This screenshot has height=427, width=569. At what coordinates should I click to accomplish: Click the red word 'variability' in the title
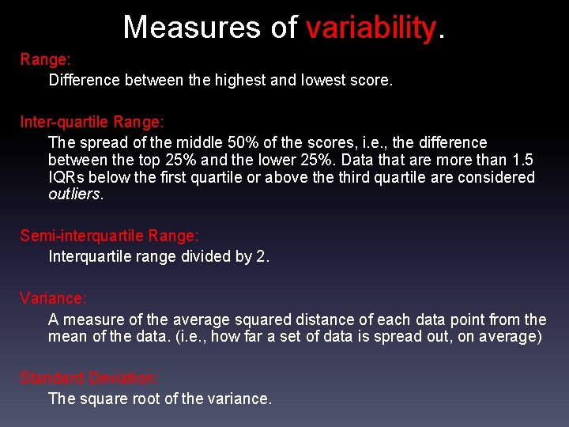tap(370, 27)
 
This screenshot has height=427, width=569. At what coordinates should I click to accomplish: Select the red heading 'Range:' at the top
tap(46, 59)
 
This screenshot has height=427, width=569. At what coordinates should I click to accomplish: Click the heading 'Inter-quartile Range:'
tap(92, 123)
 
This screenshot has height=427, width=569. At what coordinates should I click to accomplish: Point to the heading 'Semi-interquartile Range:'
tap(110, 236)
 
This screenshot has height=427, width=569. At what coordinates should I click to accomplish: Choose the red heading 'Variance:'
tap(54, 298)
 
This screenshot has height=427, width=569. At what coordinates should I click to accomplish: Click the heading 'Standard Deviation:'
tap(89, 377)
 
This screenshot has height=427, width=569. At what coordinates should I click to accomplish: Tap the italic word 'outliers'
tap(74, 195)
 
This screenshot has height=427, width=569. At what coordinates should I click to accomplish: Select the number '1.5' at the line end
tap(523, 160)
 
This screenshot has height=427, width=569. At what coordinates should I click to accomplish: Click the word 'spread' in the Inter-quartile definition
tap(101, 142)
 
